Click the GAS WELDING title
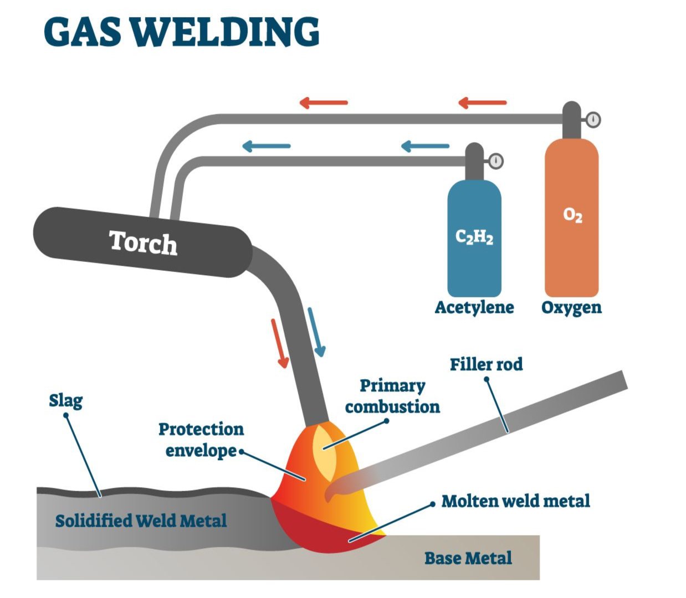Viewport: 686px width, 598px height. tap(181, 32)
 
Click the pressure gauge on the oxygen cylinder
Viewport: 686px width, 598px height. tap(593, 119)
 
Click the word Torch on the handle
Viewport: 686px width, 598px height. tap(143, 243)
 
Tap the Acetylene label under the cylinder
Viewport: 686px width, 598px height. tap(474, 307)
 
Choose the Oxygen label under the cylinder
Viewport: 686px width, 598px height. tap(571, 307)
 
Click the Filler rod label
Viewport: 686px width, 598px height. tap(486, 364)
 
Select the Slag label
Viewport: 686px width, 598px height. tap(65, 400)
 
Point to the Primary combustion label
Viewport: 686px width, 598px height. tap(392, 396)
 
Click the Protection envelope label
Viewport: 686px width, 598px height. tap(201, 440)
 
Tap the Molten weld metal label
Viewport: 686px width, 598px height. tap(515, 502)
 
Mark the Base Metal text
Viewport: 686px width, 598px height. tap(468, 558)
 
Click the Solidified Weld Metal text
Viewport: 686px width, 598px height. tap(141, 520)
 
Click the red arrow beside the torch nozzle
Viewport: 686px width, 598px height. tap(280, 343)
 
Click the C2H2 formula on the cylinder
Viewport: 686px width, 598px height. tap(474, 237)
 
